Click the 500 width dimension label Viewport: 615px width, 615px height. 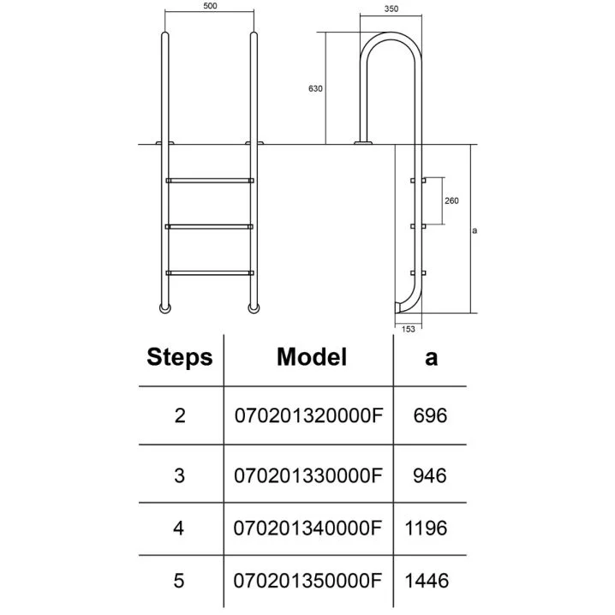tap(209, 6)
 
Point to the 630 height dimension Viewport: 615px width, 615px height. tap(314, 89)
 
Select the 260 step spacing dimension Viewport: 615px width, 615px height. tap(452, 200)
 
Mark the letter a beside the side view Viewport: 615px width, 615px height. tap(475, 230)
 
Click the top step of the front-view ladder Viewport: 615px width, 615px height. tap(209, 180)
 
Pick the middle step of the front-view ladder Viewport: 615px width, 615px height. tap(209, 226)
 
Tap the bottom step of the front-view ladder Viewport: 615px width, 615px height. tap(209, 272)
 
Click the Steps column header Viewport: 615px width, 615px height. tap(180, 357)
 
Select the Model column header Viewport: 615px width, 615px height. tap(312, 357)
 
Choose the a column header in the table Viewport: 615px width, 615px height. tap(431, 357)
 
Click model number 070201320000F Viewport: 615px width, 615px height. tap(308, 416)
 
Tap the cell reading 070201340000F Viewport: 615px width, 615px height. tap(308, 528)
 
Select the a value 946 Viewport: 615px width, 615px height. tap(430, 475)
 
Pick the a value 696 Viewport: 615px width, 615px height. tap(430, 416)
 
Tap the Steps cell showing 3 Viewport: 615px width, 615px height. tap(179, 475)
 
